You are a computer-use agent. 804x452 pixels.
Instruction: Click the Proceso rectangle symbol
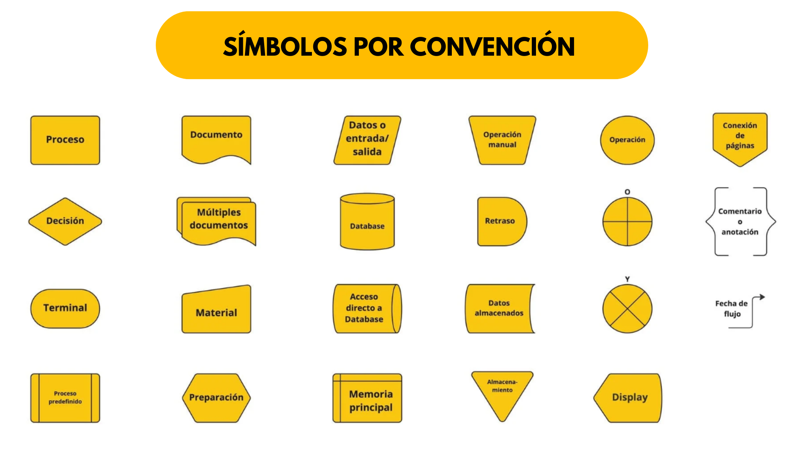point(65,140)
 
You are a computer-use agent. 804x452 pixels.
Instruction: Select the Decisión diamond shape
point(65,221)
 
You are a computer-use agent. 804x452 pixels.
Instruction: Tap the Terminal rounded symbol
point(65,308)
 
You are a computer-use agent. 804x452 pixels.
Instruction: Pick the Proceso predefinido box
point(65,398)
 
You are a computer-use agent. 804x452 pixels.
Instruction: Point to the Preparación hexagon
point(216,398)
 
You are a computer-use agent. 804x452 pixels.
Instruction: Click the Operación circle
point(627,140)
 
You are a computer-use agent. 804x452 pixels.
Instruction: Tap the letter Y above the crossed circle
point(627,279)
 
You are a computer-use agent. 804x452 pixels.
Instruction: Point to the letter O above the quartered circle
point(627,192)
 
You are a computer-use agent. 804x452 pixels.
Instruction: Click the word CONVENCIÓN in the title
point(492,46)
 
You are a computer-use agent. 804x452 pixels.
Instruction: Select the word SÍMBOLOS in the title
point(285,46)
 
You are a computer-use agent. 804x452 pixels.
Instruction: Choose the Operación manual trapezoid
point(502,140)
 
